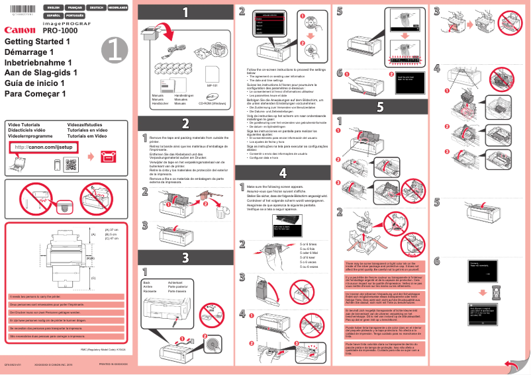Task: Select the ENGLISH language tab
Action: (x=52, y=8)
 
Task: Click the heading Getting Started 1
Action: (x=37, y=42)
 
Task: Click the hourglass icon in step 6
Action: (x=481, y=291)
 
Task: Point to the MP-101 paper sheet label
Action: (x=212, y=85)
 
